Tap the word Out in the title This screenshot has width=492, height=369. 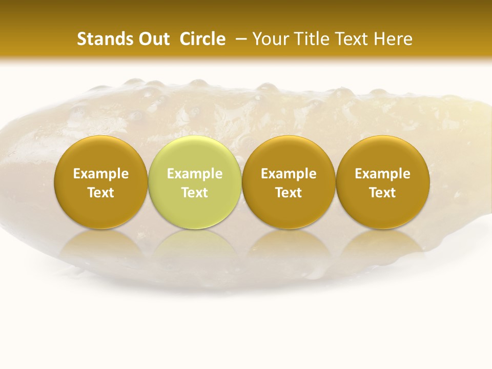click(x=153, y=39)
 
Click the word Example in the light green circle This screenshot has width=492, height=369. click(x=195, y=174)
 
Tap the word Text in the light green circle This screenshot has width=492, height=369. click(x=195, y=193)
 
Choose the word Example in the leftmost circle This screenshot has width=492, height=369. click(x=101, y=174)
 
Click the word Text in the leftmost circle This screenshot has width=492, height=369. click(x=101, y=193)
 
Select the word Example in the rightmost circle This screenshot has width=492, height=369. click(x=383, y=174)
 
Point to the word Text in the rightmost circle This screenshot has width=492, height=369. click(x=383, y=193)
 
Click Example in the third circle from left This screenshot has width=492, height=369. click(x=289, y=174)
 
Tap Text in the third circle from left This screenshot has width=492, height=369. click(x=289, y=193)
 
